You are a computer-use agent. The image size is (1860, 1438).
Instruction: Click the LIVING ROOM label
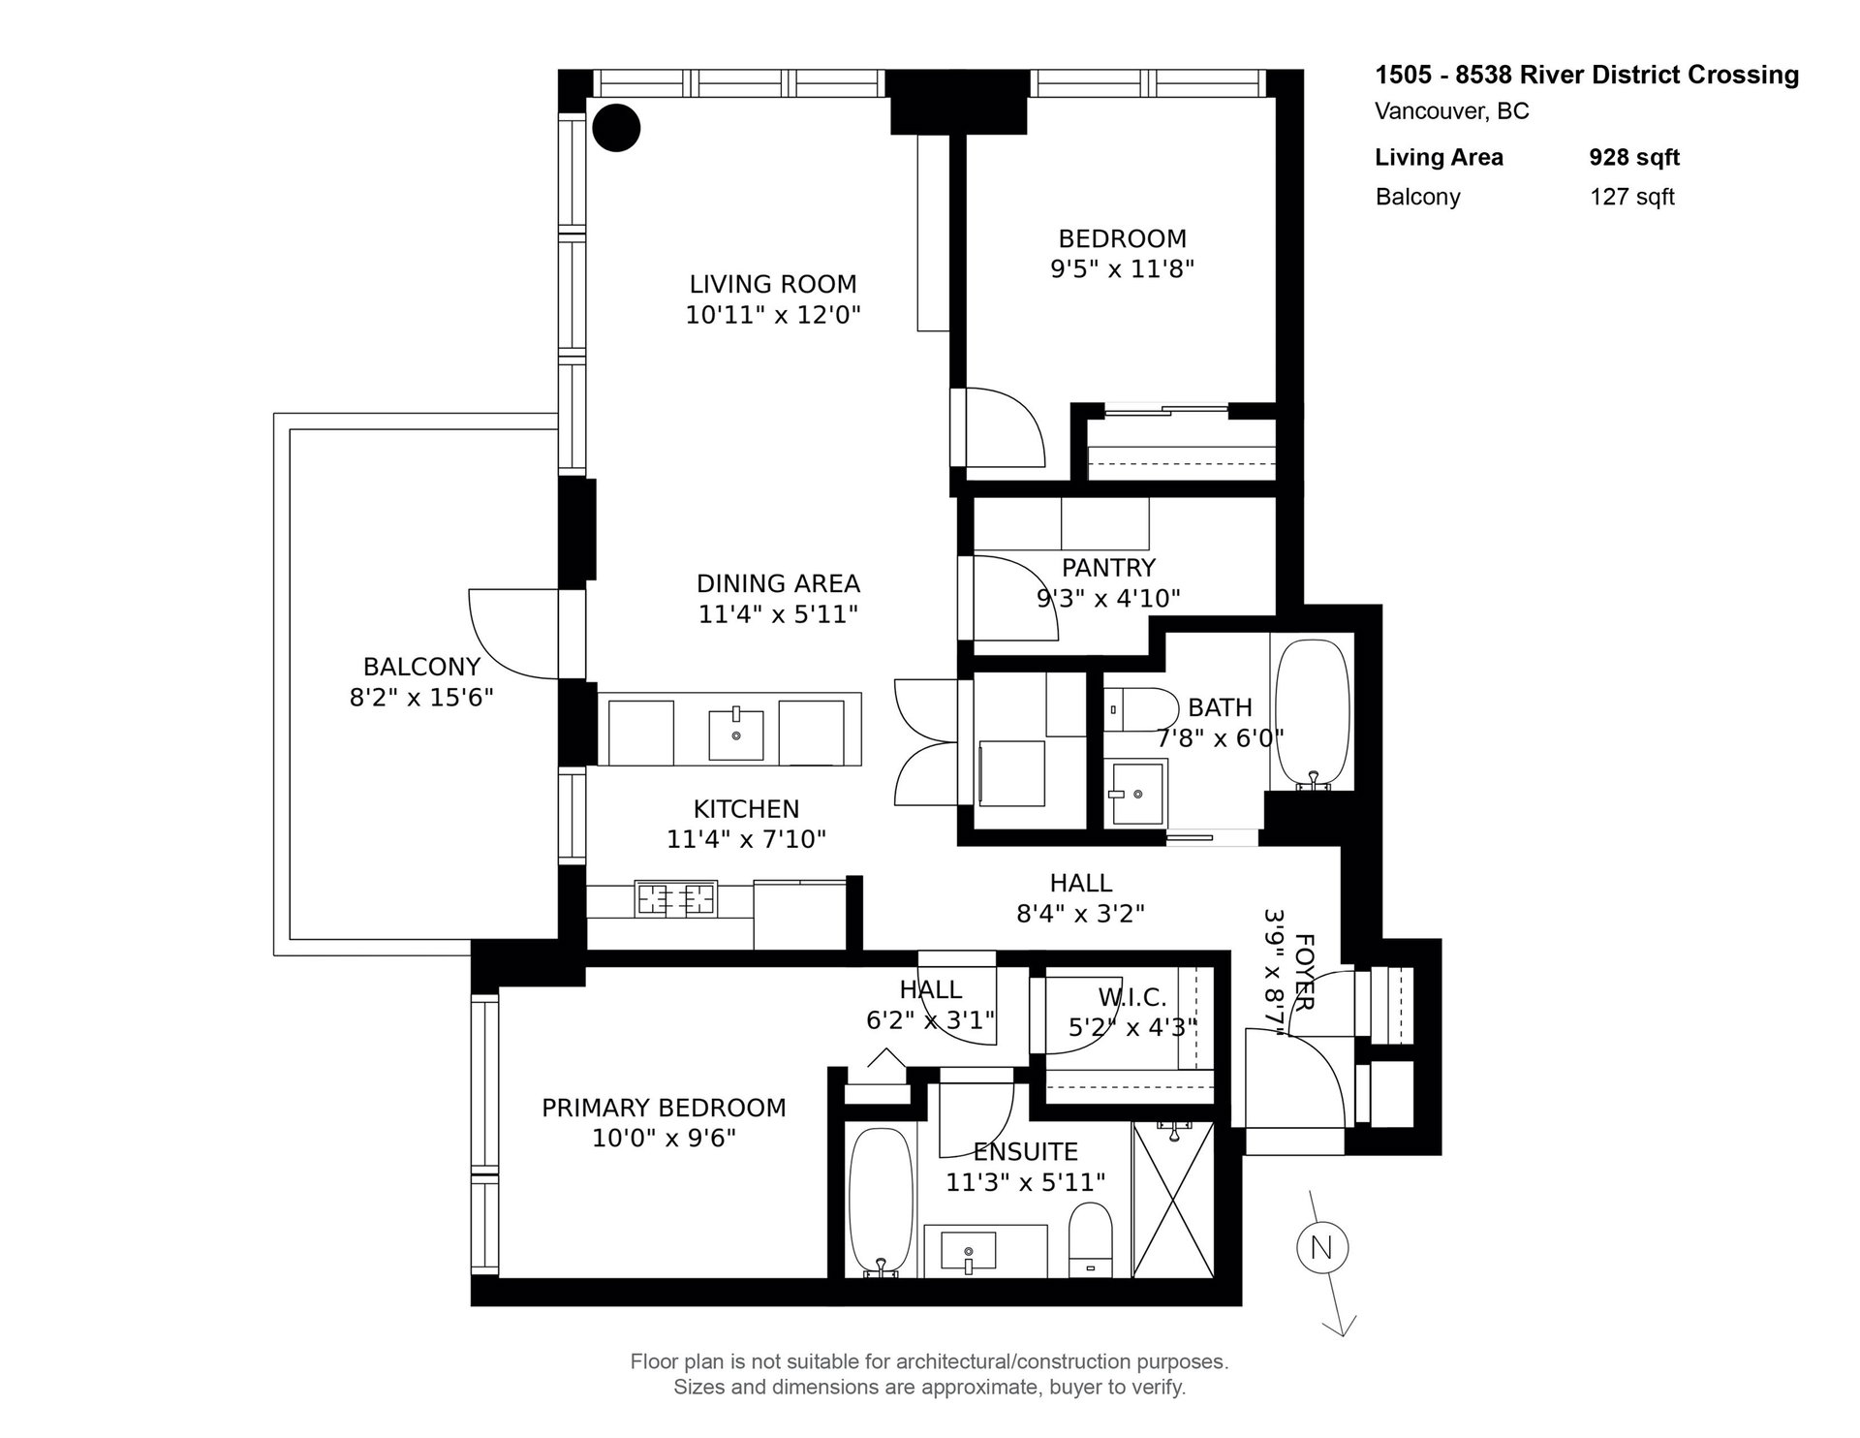click(x=773, y=284)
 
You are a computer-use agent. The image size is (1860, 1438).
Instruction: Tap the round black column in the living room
click(x=616, y=127)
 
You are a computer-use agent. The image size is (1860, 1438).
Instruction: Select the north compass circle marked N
click(x=1322, y=1247)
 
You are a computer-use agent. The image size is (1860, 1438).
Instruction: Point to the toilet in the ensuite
click(x=1091, y=1241)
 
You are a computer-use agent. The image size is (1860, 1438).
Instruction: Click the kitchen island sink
click(x=736, y=734)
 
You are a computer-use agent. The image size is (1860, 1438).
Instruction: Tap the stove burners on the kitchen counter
click(x=675, y=898)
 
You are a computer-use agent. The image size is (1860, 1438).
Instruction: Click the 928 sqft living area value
click(x=1634, y=157)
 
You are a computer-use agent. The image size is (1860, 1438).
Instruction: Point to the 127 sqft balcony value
click(x=1632, y=197)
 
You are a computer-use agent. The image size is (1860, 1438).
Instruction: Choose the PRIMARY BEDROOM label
click(x=664, y=1108)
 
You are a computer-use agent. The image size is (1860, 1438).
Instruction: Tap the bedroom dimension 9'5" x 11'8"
click(x=1122, y=268)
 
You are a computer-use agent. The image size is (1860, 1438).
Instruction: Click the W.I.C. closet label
click(x=1131, y=996)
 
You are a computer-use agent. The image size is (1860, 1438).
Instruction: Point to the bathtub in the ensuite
click(x=881, y=1203)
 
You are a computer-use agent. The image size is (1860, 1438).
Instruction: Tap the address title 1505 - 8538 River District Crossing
click(x=1587, y=75)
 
